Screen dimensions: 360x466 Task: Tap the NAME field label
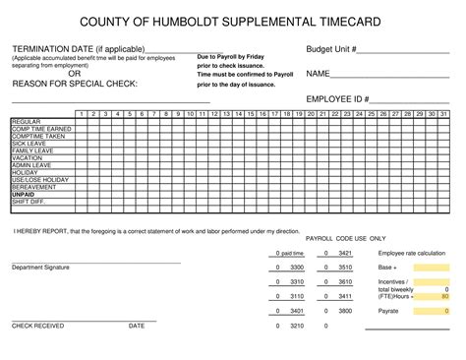coord(318,74)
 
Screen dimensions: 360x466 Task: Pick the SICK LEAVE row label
coord(29,144)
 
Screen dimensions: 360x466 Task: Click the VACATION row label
coord(28,158)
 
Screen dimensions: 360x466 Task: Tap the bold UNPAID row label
coord(23,195)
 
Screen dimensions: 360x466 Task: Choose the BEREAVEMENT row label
coord(33,188)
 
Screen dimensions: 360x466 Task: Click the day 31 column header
coord(443,114)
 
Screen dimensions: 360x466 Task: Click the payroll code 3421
coord(345,253)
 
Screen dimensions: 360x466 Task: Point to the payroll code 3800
coord(345,311)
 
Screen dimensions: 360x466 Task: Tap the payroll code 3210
coord(296,326)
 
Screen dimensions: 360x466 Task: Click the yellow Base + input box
coord(432,268)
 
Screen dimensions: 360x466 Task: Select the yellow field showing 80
coord(432,296)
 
